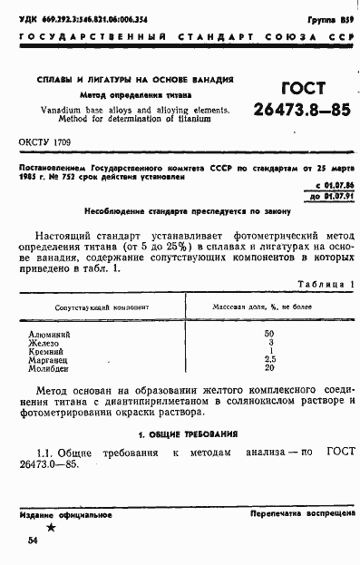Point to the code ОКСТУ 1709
(x=46, y=143)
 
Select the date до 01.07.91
(x=328, y=194)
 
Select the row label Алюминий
(x=50, y=335)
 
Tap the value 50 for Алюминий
(x=268, y=335)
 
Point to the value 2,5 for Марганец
(x=268, y=359)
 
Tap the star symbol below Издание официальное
(x=51, y=526)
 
